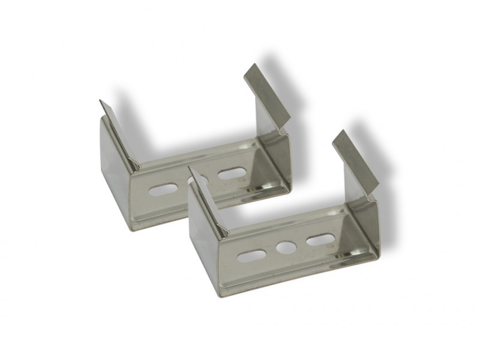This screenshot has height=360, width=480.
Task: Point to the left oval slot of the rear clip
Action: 163,190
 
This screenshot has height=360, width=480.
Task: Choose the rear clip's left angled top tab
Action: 119,133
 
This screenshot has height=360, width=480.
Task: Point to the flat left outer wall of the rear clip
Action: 115,180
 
